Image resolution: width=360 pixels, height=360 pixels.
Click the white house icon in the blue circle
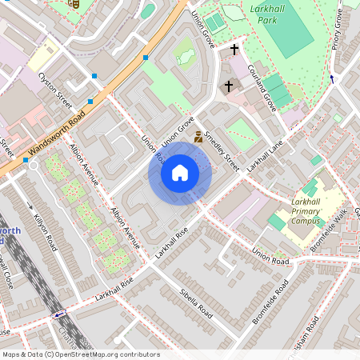[180, 173]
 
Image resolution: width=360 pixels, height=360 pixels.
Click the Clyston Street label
[55, 90]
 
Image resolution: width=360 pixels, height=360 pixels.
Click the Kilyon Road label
[46, 229]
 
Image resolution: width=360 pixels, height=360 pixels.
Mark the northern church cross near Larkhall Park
[234, 50]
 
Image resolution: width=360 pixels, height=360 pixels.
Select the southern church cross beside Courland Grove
[228, 85]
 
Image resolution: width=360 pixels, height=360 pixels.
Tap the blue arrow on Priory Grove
[331, 78]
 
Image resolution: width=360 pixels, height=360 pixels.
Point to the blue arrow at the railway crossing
[59, 314]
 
